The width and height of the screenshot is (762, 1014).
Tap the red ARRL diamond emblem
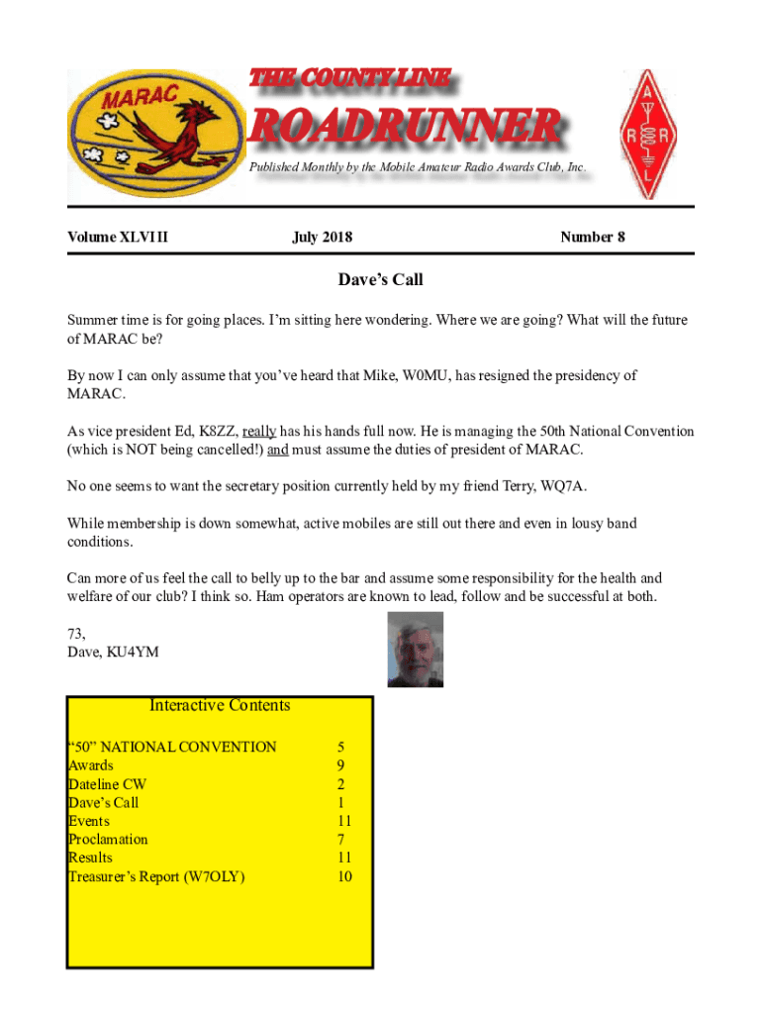pyautogui.click(x=650, y=135)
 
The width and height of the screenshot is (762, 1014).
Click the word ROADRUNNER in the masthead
pyautogui.click(x=404, y=127)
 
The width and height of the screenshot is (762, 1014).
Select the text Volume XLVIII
pyautogui.click(x=118, y=237)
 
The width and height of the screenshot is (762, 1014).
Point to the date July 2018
pyautogui.click(x=322, y=237)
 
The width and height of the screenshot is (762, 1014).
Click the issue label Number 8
pyautogui.click(x=592, y=237)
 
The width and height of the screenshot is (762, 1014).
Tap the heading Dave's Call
pyautogui.click(x=380, y=280)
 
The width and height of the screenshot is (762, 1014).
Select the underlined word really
pyautogui.click(x=259, y=432)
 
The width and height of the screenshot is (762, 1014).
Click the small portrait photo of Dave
pyautogui.click(x=415, y=650)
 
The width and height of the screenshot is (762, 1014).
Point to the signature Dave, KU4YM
pyautogui.click(x=113, y=652)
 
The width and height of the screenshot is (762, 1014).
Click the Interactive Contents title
pyautogui.click(x=220, y=705)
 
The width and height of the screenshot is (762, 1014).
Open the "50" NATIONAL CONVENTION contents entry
pyautogui.click(x=172, y=747)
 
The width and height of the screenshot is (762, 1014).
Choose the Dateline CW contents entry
pyautogui.click(x=107, y=784)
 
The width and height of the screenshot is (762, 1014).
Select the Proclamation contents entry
pyautogui.click(x=108, y=840)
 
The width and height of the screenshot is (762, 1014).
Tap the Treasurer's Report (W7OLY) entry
pyautogui.click(x=156, y=876)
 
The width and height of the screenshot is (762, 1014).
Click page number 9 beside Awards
pyautogui.click(x=340, y=765)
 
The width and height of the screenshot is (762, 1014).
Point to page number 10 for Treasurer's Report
pyautogui.click(x=344, y=876)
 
